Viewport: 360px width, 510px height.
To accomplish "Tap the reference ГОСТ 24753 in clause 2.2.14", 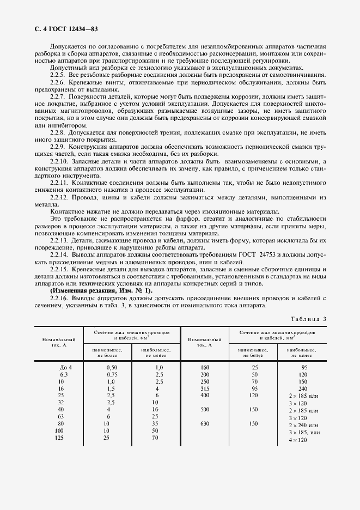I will pyautogui.click(x=270, y=254).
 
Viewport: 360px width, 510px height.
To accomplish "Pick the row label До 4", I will pyautogui.click(x=66, y=367).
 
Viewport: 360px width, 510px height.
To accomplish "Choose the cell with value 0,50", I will pyautogui.click(x=111, y=367).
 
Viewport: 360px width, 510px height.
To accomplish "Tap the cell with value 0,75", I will pyautogui.click(x=111, y=375).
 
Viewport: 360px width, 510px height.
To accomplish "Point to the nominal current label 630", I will pyautogui.click(x=205, y=424).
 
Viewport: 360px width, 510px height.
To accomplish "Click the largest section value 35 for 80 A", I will pyautogui.click(x=156, y=424).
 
